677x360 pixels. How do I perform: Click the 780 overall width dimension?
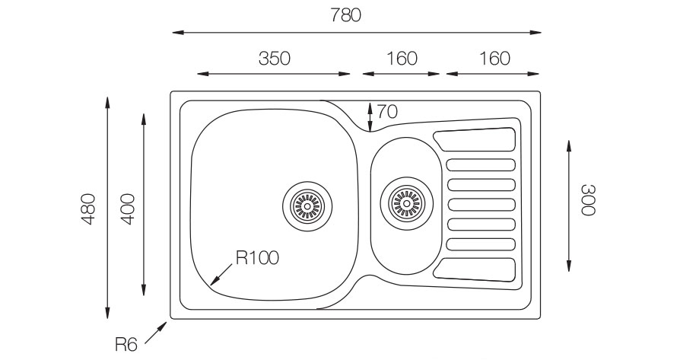pyautogui.click(x=345, y=15)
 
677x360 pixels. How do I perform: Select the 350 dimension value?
pyautogui.click(x=274, y=59)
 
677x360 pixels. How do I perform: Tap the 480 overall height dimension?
pyautogui.click(x=87, y=209)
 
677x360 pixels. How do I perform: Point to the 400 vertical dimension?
pyautogui.click(x=128, y=209)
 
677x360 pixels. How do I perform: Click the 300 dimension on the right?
pyautogui.click(x=588, y=199)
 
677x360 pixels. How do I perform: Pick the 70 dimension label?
pyautogui.click(x=387, y=112)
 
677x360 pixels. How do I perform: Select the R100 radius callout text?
pyautogui.click(x=257, y=258)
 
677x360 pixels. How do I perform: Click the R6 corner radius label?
pyautogui.click(x=126, y=345)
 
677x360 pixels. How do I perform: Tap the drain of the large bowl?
pyautogui.click(x=307, y=206)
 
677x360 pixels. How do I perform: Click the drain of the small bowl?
pyautogui.click(x=406, y=202)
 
